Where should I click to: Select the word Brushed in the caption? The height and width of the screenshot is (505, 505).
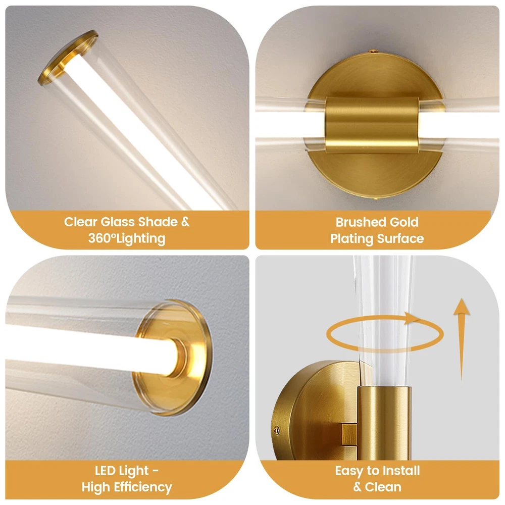pos(361,222)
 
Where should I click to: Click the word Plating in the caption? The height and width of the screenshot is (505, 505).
pos(351,239)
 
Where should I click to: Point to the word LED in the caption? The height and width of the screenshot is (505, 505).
pos(106,471)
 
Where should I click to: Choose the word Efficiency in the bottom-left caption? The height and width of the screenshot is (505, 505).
pos(142,487)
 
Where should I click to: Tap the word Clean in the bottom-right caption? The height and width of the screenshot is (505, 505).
pos(383,487)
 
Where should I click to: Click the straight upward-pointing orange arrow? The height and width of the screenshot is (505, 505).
pos(462,339)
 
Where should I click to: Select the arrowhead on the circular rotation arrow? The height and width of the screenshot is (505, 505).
pos(412,318)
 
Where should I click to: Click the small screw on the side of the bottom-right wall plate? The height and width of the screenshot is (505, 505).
pos(276,430)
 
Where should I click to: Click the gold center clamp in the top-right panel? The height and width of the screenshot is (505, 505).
pos(372,125)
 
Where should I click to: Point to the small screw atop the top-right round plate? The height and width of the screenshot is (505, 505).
pos(373,51)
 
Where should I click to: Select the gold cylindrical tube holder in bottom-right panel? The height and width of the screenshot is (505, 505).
pos(384,423)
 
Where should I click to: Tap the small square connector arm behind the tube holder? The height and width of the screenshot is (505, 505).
pos(349,434)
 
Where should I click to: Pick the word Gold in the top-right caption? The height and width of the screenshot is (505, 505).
pos(404,222)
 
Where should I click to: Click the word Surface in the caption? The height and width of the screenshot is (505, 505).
pos(400,239)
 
